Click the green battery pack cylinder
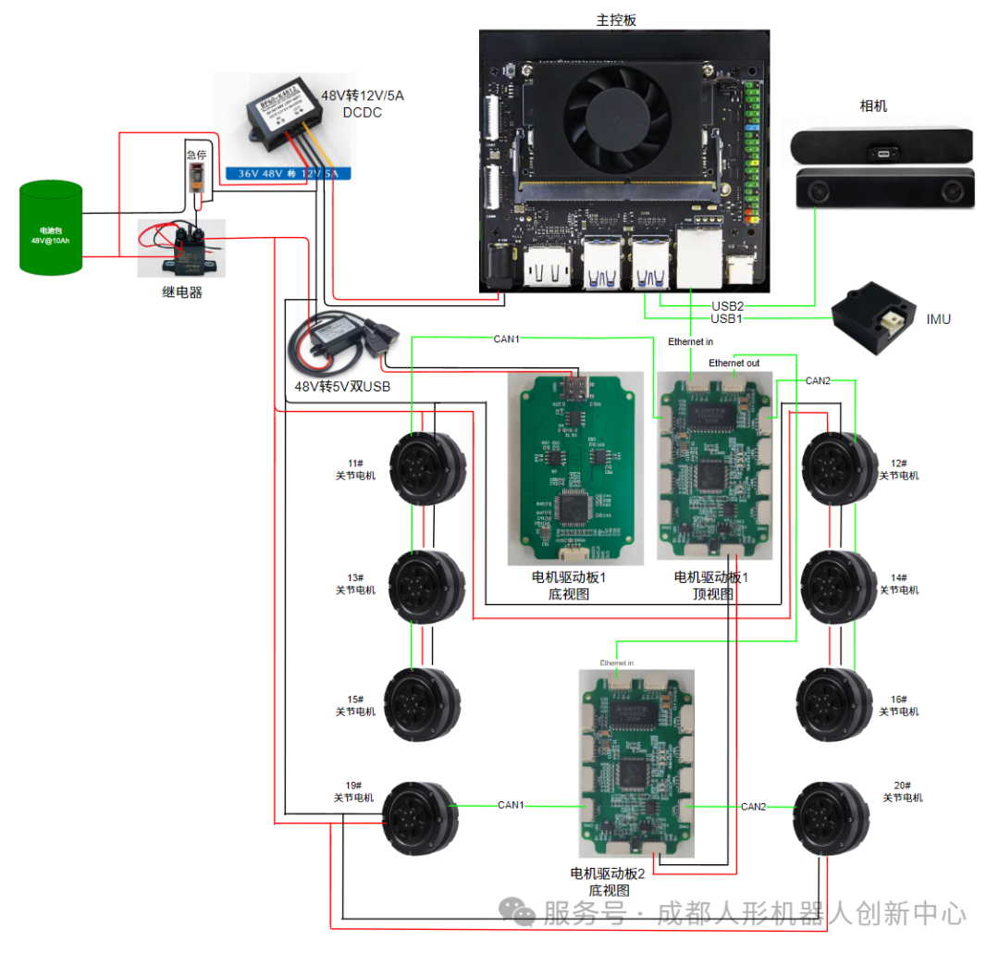(51, 228)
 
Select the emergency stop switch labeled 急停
(196, 176)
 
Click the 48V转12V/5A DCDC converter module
(277, 120)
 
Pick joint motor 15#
(421, 705)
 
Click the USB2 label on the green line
(727, 305)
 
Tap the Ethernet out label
(734, 363)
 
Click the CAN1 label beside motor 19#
(511, 805)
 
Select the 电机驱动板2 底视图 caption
(608, 881)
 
